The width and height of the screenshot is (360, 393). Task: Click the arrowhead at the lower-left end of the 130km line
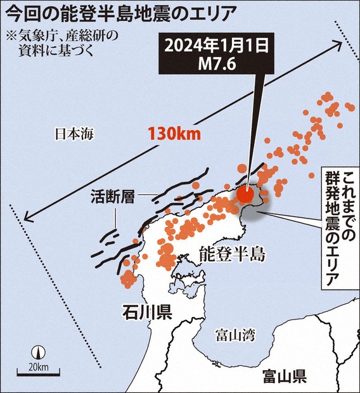click(24, 220)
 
